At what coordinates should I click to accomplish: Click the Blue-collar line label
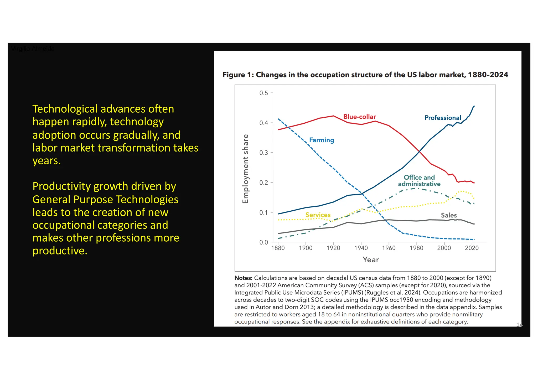coord(359,117)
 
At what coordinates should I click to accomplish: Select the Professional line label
coord(443,118)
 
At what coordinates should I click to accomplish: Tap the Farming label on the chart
coord(322,140)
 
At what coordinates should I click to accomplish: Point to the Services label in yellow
coord(318,215)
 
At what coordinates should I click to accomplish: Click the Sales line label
coord(449,215)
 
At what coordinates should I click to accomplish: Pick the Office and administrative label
coord(419,181)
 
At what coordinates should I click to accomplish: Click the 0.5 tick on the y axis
coord(263,93)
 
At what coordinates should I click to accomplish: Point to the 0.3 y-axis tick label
coord(263,153)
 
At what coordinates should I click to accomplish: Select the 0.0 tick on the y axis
coord(263,242)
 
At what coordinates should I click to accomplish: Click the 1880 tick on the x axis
coord(278,248)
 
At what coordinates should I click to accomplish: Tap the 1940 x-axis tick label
coord(361,248)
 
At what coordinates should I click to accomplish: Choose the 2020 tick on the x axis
coord(472,248)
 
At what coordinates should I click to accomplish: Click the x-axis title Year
coord(370,260)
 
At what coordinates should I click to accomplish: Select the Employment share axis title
coord(245,169)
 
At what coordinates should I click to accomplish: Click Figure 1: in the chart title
coord(238,75)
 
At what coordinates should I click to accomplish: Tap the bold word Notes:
coord(243,278)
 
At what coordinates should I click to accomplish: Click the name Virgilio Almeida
coord(33,49)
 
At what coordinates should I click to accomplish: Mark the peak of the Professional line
coord(474,106)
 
